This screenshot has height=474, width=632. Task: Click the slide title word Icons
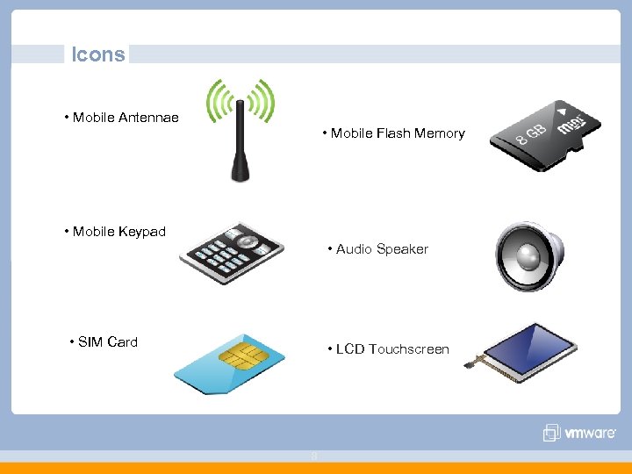pos(98,54)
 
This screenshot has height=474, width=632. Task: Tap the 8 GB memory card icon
pos(546,134)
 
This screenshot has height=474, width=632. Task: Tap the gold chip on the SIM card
pos(242,355)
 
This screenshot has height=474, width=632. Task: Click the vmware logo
pos(579,433)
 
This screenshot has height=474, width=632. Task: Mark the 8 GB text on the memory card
pos(532,133)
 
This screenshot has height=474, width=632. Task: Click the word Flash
pos(394,133)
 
